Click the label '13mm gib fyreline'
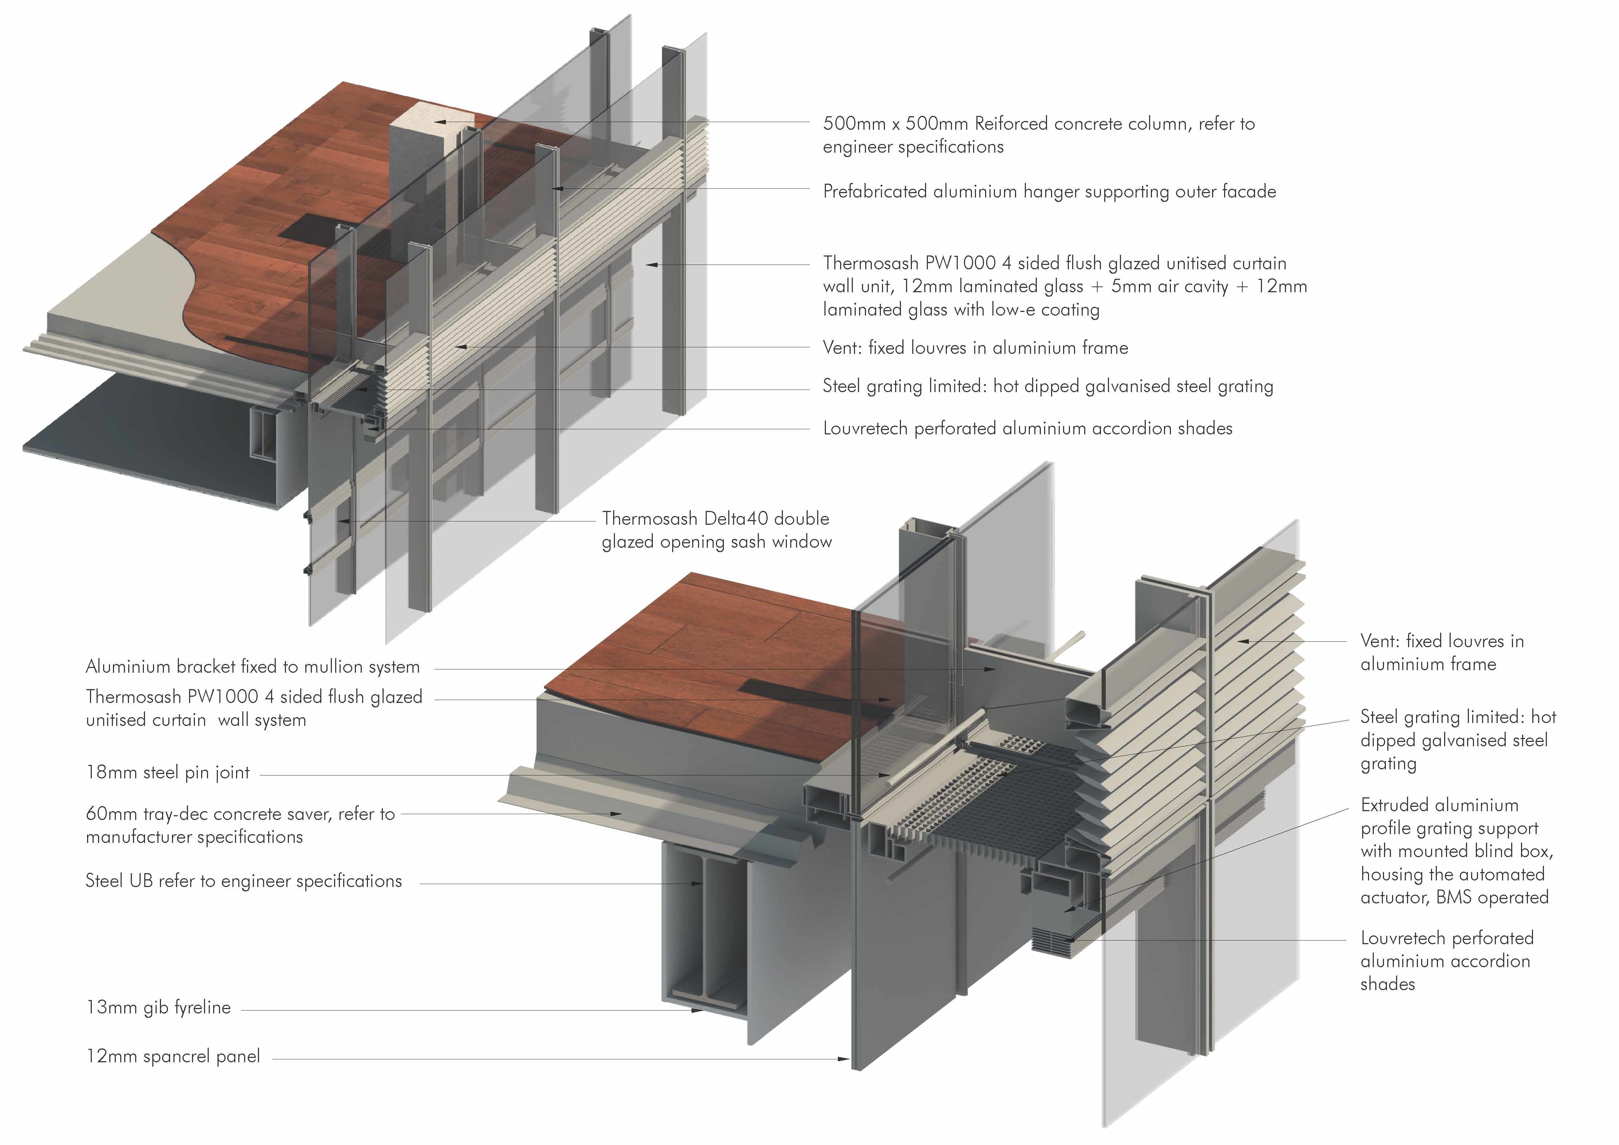[x=158, y=1007]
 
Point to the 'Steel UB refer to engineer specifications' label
[x=243, y=881]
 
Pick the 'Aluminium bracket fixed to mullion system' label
[x=252, y=667]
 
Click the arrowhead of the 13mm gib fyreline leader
[x=698, y=1010]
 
